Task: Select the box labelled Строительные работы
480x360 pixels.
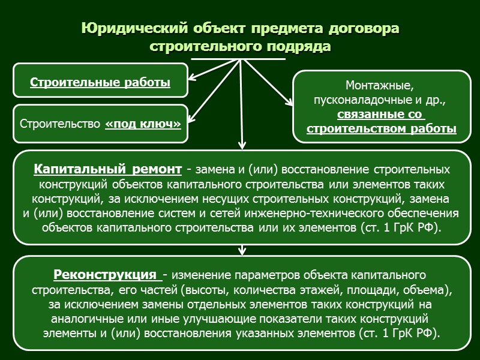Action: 100,83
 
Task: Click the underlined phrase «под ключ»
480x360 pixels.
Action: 143,125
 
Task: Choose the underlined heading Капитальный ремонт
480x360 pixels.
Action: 109,168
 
